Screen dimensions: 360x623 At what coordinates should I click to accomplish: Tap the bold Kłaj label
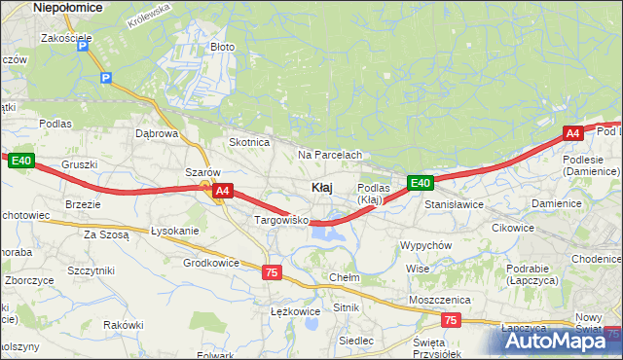[324, 187]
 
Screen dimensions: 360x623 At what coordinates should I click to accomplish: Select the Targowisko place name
[281, 221]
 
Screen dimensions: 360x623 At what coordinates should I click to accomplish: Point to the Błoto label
[223, 47]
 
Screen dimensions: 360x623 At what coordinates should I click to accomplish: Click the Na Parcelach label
[330, 155]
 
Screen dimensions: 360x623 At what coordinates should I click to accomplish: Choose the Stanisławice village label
[454, 205]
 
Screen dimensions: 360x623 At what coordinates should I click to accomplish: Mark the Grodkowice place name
[211, 263]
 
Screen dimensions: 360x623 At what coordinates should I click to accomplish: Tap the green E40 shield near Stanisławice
[420, 182]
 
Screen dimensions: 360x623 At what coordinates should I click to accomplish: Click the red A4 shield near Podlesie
[573, 133]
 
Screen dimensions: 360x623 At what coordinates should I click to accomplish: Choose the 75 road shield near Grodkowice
[273, 273]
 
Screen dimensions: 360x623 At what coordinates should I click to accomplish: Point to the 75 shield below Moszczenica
[450, 319]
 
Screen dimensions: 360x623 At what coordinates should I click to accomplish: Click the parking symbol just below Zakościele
[84, 46]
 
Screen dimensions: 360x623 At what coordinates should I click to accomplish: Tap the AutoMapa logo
[558, 340]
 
